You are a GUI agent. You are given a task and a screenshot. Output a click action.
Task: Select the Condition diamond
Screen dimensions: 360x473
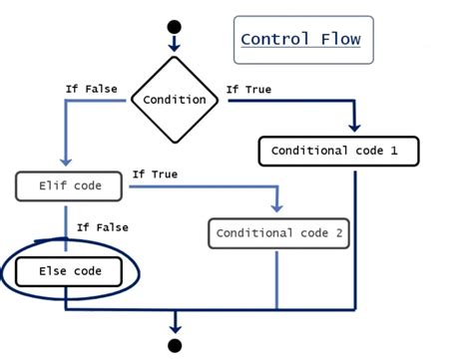[x=175, y=99]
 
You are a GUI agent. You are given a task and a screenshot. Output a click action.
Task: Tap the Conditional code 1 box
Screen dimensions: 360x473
[x=338, y=152]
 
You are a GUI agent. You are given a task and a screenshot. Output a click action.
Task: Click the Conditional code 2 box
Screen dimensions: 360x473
[x=278, y=233]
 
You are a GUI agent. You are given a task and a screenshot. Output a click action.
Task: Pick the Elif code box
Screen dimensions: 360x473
[x=66, y=185]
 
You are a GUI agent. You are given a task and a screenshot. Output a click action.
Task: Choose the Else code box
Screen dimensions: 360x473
[x=70, y=271]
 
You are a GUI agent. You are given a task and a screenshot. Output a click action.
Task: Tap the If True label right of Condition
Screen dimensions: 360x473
[x=248, y=89]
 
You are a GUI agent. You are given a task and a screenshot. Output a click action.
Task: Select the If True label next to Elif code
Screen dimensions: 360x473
[x=155, y=175]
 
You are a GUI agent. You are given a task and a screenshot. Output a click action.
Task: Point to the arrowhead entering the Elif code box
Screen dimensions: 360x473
[x=65, y=165]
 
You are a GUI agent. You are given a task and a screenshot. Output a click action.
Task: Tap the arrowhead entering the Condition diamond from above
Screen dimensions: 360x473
[x=175, y=46]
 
